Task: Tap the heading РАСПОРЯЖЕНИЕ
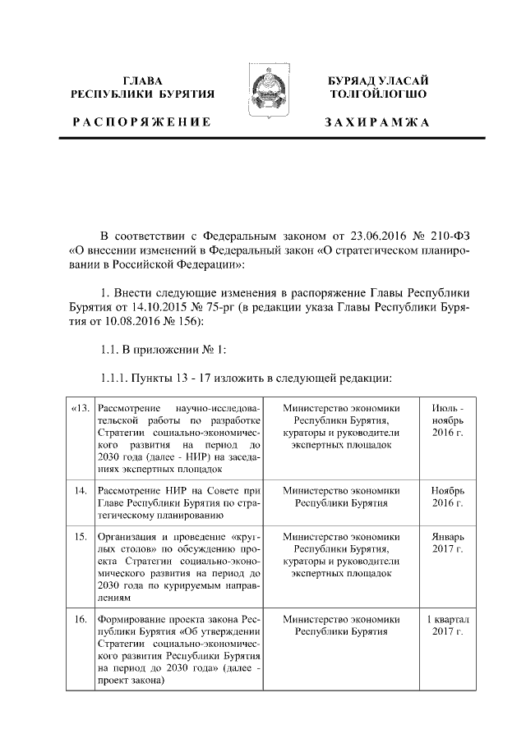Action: point(142,122)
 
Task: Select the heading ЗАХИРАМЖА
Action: point(377,122)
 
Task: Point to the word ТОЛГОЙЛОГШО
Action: point(377,94)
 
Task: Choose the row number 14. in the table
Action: point(81,490)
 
